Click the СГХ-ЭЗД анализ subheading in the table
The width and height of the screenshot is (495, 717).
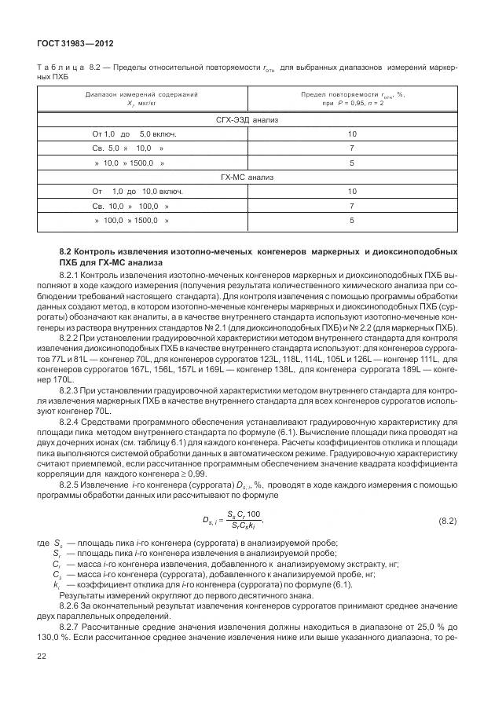click(x=247, y=120)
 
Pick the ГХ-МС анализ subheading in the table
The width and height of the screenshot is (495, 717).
click(x=247, y=177)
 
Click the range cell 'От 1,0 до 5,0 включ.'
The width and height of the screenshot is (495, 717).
click(x=134, y=134)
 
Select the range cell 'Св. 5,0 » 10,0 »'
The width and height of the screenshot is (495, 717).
click(x=128, y=148)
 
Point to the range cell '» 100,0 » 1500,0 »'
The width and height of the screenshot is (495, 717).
click(x=130, y=221)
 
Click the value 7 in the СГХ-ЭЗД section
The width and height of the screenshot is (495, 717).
click(x=352, y=148)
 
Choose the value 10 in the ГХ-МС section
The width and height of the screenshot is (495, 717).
click(x=352, y=192)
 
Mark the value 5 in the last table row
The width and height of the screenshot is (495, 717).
click(x=352, y=221)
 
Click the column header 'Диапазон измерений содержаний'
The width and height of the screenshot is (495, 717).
click(x=141, y=95)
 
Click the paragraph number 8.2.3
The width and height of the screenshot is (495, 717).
click(x=71, y=390)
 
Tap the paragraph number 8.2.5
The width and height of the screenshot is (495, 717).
click(x=71, y=485)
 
